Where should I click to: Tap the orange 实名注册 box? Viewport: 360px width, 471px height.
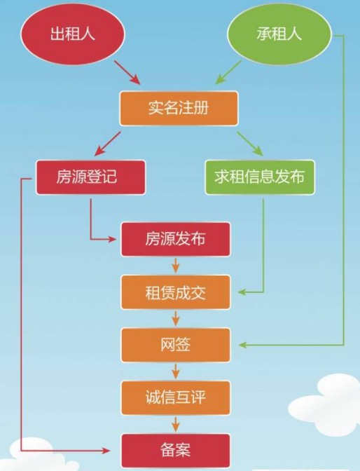coord(179,109)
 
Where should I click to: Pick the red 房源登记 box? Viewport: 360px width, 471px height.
coord(91,177)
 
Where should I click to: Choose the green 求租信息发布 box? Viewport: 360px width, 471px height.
coord(260,177)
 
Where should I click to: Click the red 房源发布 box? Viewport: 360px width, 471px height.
coord(175,239)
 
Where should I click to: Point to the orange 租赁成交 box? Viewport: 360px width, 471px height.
coord(175,292)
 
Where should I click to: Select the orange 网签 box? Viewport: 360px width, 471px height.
coord(175,344)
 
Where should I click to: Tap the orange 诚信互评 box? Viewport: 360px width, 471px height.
coord(175,397)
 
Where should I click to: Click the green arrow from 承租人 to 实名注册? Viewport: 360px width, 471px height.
coord(228,71)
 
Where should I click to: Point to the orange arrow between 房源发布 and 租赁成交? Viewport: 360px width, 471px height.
coord(175,266)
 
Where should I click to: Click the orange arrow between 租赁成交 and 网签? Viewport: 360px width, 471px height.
coord(175,318)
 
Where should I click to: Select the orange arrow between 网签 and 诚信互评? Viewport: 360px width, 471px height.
coord(175,371)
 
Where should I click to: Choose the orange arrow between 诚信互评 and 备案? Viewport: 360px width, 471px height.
coord(175,424)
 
